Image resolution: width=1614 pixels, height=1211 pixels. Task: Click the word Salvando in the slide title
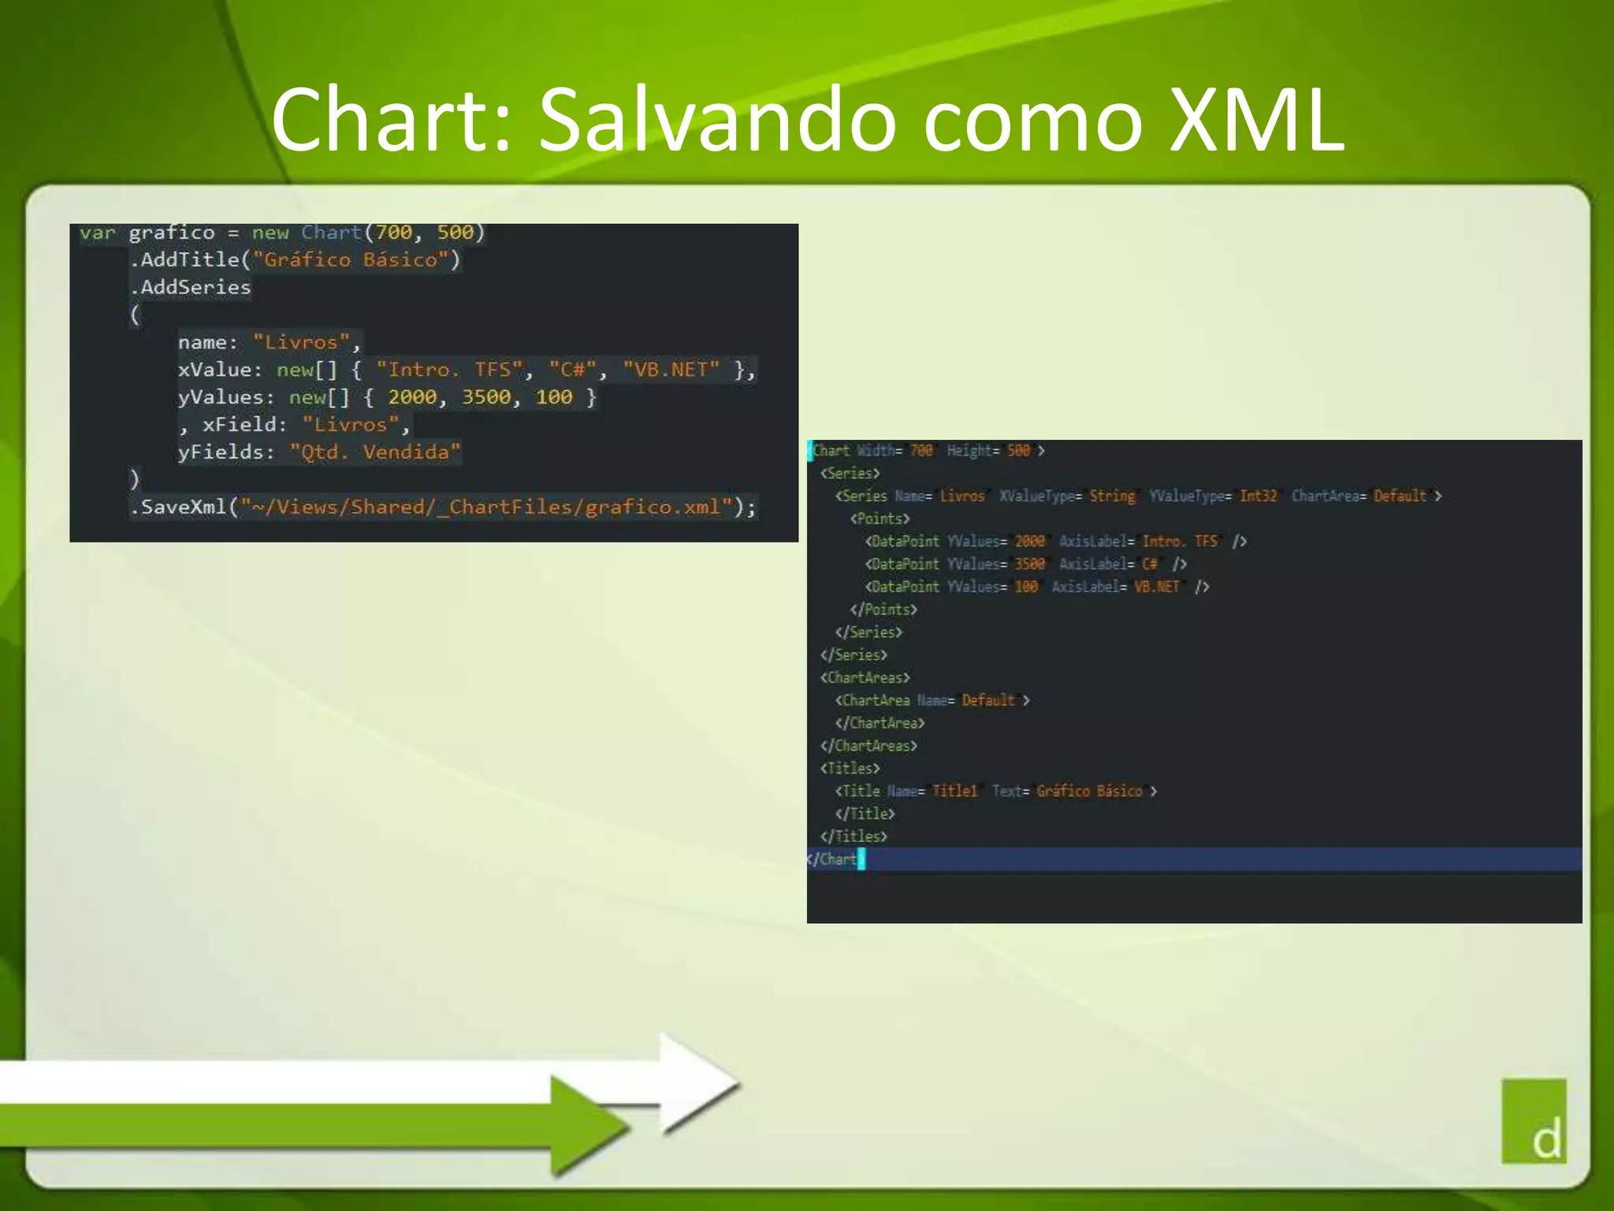coord(717,120)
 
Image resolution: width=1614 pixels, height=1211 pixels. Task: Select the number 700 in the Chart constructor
coord(393,233)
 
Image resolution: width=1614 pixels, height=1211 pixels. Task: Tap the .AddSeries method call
coord(191,287)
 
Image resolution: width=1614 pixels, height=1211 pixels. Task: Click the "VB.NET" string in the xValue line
coord(671,370)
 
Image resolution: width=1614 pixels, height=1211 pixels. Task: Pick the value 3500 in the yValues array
coord(486,397)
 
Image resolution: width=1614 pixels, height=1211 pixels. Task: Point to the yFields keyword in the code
coord(225,452)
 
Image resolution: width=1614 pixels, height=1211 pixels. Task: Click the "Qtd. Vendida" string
coord(375,452)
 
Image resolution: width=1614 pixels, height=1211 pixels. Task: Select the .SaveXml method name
coord(180,507)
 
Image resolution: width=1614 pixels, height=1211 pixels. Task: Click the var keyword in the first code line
coord(98,233)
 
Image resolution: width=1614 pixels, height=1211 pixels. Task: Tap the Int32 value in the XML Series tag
coord(1258,496)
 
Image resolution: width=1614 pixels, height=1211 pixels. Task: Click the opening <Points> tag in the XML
coord(880,519)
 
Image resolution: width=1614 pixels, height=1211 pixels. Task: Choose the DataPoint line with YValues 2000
coord(1055,542)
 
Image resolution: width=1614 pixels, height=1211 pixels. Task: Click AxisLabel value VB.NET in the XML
coord(1157,587)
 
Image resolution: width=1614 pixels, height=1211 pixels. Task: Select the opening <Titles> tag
coord(850,768)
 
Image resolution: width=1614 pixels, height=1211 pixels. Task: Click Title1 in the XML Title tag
coord(954,791)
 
